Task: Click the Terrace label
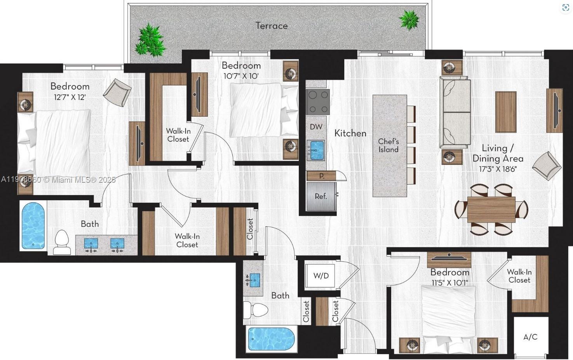click(272, 26)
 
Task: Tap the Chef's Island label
click(388, 145)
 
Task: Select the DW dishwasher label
click(316, 126)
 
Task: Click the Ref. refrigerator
click(321, 196)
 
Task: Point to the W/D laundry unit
click(321, 276)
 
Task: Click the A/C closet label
click(530, 337)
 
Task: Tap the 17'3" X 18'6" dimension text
click(497, 169)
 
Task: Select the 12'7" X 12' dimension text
click(70, 97)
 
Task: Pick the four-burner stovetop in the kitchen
click(317, 101)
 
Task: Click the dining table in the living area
click(491, 209)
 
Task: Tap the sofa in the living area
click(455, 113)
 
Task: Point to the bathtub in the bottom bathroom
click(271, 339)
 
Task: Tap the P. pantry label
click(322, 176)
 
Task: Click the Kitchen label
click(350, 133)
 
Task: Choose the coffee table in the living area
click(505, 112)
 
